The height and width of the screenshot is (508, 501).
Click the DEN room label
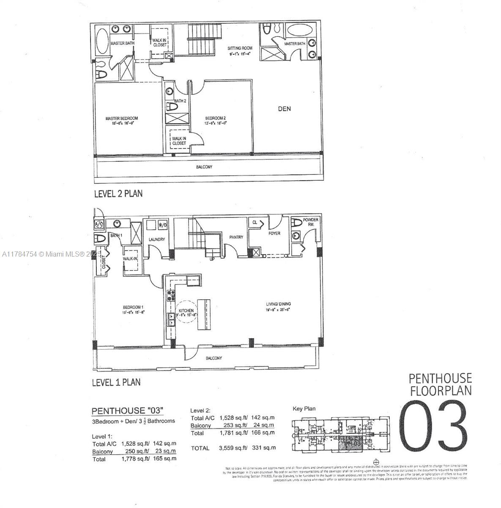click(x=284, y=109)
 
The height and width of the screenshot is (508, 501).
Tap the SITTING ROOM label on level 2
click(x=240, y=48)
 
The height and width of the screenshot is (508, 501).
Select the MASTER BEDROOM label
click(x=122, y=119)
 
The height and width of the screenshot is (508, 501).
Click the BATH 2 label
click(x=180, y=101)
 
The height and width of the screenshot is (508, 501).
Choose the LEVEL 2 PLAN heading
click(x=118, y=193)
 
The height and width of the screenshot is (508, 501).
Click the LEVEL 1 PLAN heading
click(x=116, y=382)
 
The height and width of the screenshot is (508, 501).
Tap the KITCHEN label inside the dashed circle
click(x=186, y=311)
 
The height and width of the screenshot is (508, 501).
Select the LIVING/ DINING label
click(x=278, y=304)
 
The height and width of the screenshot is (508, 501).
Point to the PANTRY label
click(x=236, y=237)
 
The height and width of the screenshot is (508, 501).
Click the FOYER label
click(x=274, y=233)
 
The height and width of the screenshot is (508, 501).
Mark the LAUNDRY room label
click(x=156, y=240)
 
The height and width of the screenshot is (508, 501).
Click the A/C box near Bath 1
click(x=99, y=224)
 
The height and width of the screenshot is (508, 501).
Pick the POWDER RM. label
click(x=311, y=222)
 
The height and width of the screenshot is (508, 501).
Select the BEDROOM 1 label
click(x=133, y=307)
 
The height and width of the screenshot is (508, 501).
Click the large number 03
click(x=433, y=426)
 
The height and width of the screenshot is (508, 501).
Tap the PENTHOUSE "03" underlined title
click(x=127, y=411)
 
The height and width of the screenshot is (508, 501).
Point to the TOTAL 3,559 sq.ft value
click(x=233, y=447)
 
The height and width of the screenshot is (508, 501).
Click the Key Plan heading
click(x=304, y=409)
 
